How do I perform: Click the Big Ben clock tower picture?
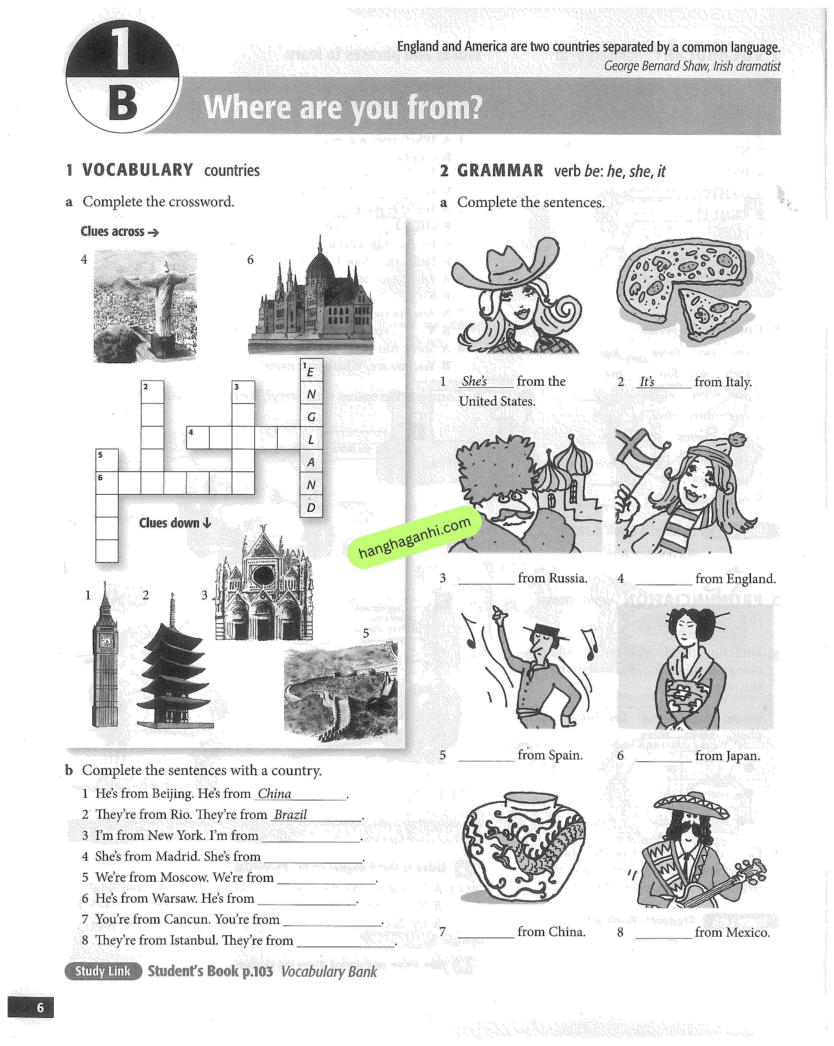pos(105,660)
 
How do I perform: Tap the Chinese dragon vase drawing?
pos(524,846)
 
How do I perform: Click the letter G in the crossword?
pos(311,417)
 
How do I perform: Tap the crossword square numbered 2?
pos(152,392)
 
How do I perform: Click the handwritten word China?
pos(274,794)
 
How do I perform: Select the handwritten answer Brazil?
pos(290,814)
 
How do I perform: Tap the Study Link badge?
pos(103,971)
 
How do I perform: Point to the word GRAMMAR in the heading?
pos(500,171)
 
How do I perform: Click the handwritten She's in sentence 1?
pos(474,381)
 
